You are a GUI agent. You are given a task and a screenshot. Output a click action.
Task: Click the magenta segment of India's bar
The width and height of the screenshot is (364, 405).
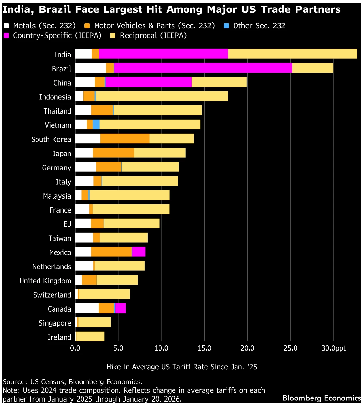click(x=163, y=54)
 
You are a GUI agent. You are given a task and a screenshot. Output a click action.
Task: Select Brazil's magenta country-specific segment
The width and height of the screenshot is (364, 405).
click(x=203, y=68)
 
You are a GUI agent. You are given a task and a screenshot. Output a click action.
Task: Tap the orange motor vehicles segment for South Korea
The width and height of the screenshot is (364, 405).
click(x=125, y=138)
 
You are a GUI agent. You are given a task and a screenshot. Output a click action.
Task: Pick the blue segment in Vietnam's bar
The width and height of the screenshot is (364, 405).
click(x=96, y=124)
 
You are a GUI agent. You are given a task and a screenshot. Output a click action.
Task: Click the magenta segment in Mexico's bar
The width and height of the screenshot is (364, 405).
click(x=139, y=252)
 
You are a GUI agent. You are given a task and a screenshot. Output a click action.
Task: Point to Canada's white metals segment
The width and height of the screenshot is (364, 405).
click(x=87, y=308)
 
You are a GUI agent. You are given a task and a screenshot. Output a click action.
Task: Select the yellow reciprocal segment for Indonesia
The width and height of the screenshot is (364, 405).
click(x=161, y=96)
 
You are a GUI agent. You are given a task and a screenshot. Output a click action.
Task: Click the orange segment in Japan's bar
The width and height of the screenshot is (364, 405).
click(x=114, y=153)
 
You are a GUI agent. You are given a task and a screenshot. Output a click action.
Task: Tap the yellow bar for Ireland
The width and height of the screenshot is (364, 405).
click(x=90, y=336)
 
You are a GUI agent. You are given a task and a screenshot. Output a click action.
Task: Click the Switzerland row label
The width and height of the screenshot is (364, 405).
click(x=52, y=295)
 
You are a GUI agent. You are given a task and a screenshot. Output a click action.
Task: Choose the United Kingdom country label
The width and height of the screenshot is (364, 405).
click(x=45, y=281)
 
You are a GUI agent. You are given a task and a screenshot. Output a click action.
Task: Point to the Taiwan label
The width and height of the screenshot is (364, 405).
click(x=60, y=238)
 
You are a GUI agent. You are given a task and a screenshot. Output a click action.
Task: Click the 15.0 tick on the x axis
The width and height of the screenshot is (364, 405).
click(x=204, y=348)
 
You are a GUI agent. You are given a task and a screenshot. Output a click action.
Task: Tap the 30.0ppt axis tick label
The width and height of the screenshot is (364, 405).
click(x=333, y=348)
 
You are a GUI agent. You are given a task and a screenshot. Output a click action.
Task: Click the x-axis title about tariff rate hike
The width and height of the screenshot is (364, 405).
click(x=182, y=367)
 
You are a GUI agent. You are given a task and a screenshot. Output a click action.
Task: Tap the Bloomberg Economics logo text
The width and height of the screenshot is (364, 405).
click(x=322, y=398)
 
